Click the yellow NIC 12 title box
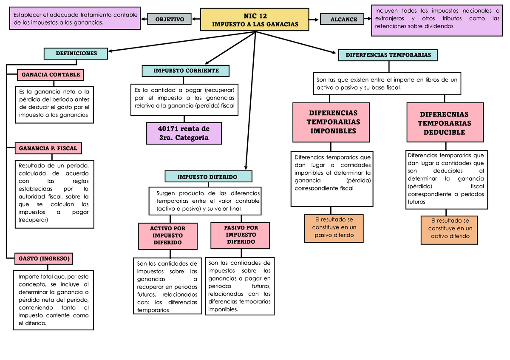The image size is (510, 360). click(x=255, y=20)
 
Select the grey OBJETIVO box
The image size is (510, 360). click(x=170, y=20)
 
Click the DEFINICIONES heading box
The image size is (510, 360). click(x=76, y=54)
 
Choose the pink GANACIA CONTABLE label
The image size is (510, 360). click(x=51, y=75)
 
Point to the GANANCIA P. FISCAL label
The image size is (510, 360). click(x=48, y=148)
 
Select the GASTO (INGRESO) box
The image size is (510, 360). click(x=44, y=258)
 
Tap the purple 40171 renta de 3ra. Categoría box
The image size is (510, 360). click(x=184, y=133)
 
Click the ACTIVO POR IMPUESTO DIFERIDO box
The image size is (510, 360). click(x=168, y=236)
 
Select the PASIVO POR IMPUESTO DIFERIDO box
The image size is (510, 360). click(x=241, y=235)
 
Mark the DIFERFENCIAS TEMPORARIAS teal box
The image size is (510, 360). click(x=388, y=55)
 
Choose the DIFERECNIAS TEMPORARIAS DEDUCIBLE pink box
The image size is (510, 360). click(x=445, y=123)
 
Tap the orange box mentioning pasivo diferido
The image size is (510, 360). click(x=334, y=228)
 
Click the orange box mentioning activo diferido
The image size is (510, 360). click(x=450, y=230)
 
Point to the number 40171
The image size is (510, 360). click(x=169, y=129)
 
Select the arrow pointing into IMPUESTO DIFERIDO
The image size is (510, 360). click(x=246, y=165)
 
